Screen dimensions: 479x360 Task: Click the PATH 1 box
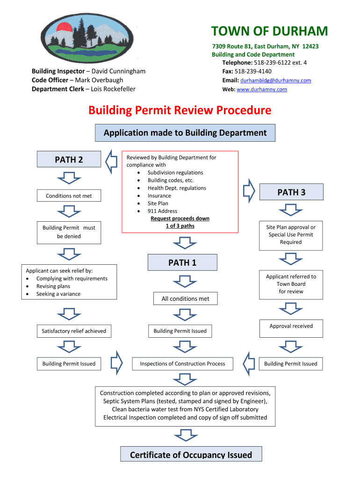tap(182, 262)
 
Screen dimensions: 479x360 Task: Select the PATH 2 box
tap(69, 160)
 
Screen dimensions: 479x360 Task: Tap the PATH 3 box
tap(291, 192)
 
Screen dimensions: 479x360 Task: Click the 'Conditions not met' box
tap(69, 196)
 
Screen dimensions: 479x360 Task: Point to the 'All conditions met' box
tap(186, 298)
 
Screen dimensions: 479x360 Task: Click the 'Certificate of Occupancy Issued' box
tap(191, 455)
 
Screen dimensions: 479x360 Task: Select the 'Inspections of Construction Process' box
tap(182, 363)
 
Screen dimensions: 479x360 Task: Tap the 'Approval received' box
tap(291, 327)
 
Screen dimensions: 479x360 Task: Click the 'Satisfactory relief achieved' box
tap(74, 331)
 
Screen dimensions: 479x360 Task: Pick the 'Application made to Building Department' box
tap(185, 133)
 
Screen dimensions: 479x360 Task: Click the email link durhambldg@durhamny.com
tap(276, 80)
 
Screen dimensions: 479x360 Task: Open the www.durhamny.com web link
tap(262, 89)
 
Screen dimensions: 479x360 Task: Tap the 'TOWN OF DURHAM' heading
tap(269, 31)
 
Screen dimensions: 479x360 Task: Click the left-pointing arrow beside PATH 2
tap(111, 161)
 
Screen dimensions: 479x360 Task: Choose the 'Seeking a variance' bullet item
tap(58, 294)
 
